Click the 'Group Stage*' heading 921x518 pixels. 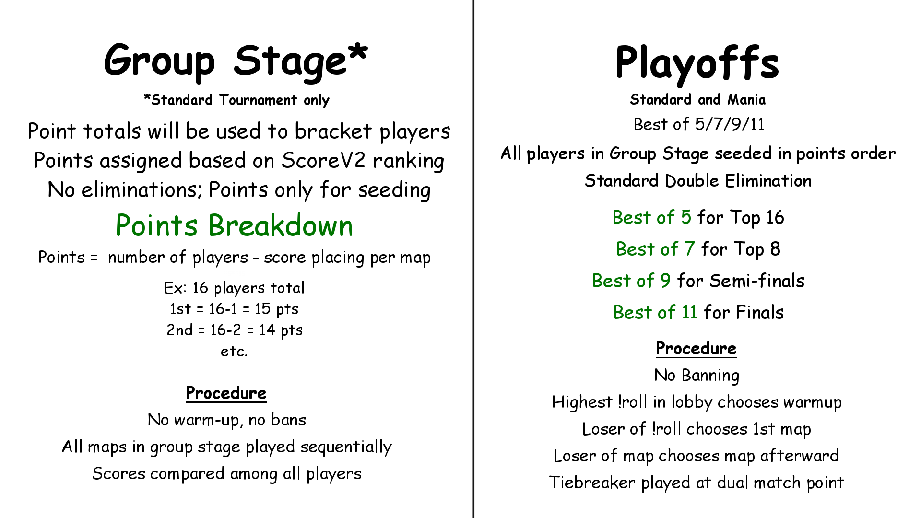236,61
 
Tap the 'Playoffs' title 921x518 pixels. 697,62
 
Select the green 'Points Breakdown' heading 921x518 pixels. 235,225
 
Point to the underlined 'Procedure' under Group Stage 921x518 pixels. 226,393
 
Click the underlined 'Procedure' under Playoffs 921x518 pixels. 696,349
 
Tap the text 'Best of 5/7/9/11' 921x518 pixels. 699,124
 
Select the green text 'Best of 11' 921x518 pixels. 655,312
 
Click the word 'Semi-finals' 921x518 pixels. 757,281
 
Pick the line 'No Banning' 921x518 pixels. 697,376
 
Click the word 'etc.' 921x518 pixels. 234,352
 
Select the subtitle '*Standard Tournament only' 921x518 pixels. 236,100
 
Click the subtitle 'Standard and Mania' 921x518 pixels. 698,100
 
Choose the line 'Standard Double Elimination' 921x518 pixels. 698,181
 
